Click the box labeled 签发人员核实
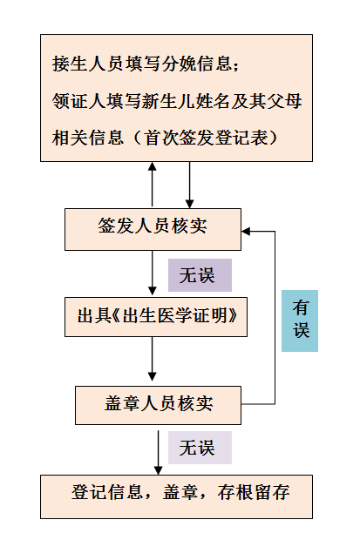pyautogui.click(x=153, y=229)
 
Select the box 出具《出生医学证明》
pyautogui.click(x=156, y=317)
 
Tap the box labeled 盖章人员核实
pyautogui.click(x=158, y=405)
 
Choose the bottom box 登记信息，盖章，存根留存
pyautogui.click(x=177, y=496)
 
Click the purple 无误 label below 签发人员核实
pyautogui.click(x=200, y=275)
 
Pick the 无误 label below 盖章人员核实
pyautogui.click(x=200, y=448)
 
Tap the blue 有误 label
pyautogui.click(x=300, y=321)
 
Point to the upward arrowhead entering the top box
pyautogui.click(x=152, y=166)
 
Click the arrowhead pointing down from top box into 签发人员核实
pyautogui.click(x=189, y=204)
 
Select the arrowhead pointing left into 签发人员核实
pyautogui.click(x=246, y=231)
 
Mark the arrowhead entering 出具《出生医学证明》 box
pyautogui.click(x=152, y=291)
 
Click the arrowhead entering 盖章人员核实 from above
pyautogui.click(x=152, y=376)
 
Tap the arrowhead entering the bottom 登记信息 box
pyautogui.click(x=158, y=470)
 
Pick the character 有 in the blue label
pyautogui.click(x=301, y=307)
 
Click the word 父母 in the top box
pyautogui.click(x=284, y=101)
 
